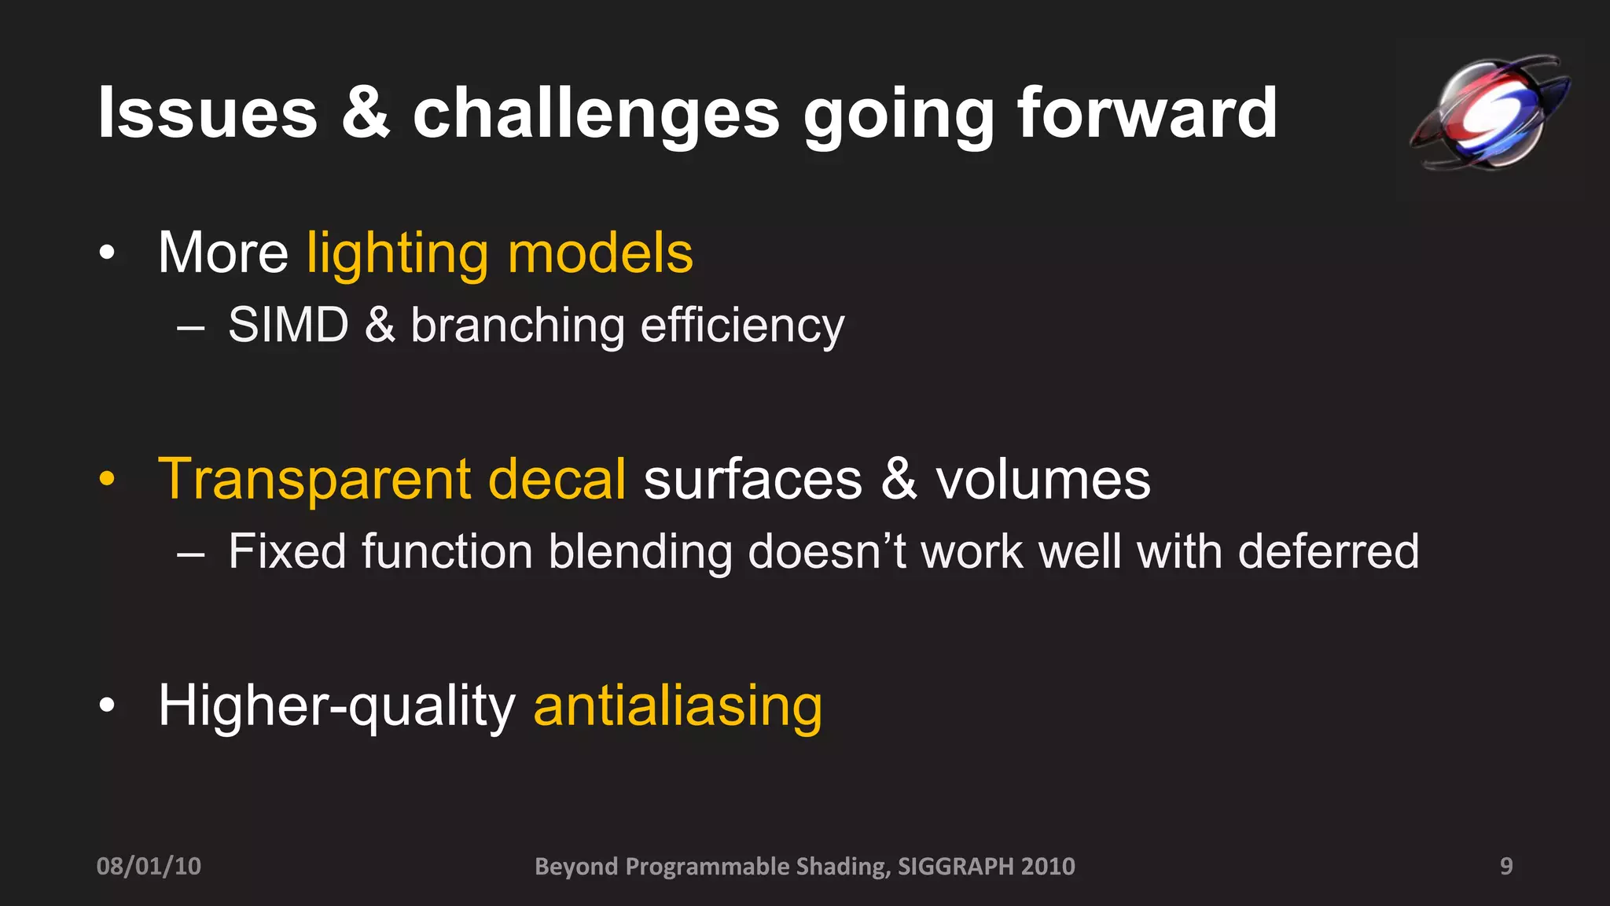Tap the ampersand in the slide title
[x=366, y=114]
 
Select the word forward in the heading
[x=1147, y=114]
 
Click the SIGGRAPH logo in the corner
[x=1488, y=112]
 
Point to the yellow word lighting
[x=398, y=255]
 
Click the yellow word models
[x=601, y=253]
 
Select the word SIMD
[x=289, y=325]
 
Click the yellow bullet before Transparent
[x=108, y=479]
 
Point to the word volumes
[x=1042, y=479]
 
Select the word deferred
[x=1328, y=551]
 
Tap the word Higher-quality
[x=336, y=706]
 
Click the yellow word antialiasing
[x=678, y=706]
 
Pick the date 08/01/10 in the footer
[x=149, y=866]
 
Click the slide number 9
[x=1506, y=866]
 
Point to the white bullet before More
[x=108, y=253]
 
